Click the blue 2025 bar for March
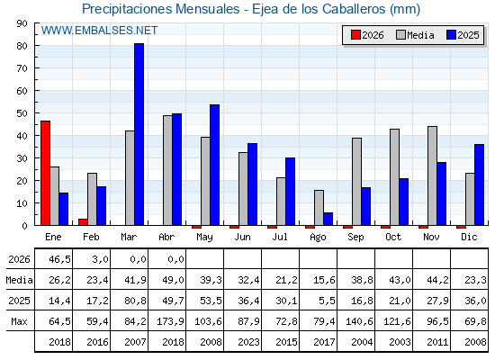coord(139,134)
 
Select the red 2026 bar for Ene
coord(45,173)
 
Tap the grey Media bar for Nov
coord(432,175)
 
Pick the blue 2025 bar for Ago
coord(328,219)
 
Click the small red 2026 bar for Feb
coord(83,222)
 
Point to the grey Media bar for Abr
coord(167,170)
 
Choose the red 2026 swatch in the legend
coord(355,35)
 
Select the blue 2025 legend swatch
coord(451,35)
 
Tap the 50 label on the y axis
coord(22,113)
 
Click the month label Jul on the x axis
coord(280,237)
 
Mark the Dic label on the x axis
coord(469,237)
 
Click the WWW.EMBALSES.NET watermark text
coord(99,31)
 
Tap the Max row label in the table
coord(19,321)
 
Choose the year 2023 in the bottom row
coord(248,342)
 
